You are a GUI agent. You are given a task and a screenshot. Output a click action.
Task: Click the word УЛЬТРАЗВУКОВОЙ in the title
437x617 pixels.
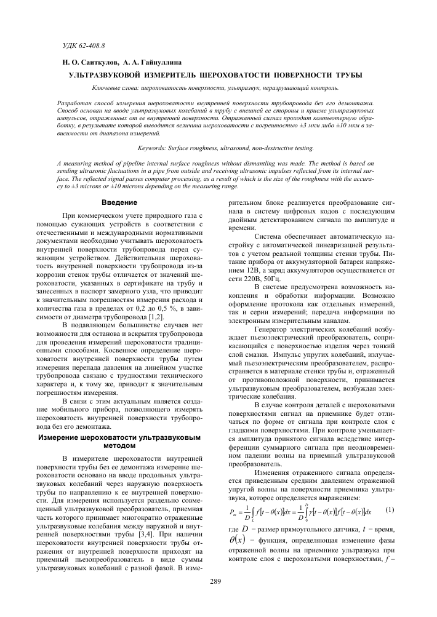click(x=110, y=74)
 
